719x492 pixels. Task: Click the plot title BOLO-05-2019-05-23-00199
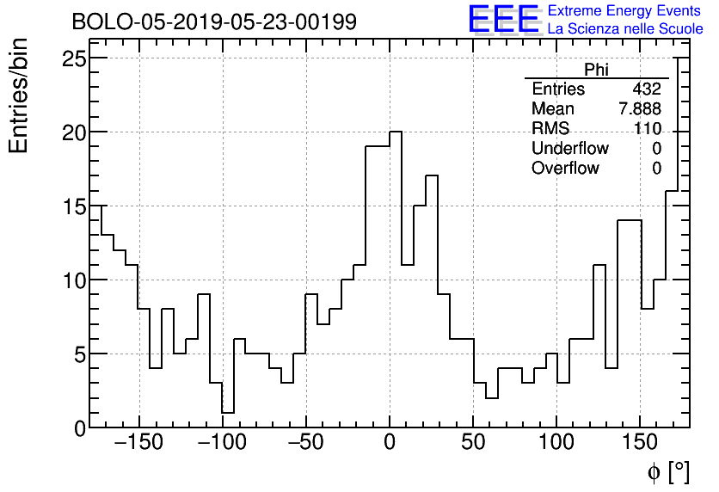tap(213, 22)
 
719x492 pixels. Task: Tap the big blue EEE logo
tap(503, 20)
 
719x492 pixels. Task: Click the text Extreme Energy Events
tap(625, 11)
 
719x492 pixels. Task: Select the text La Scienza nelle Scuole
tap(625, 29)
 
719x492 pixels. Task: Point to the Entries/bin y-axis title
tap(19, 95)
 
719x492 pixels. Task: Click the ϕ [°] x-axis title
tap(667, 471)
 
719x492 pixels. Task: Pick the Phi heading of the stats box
tap(596, 70)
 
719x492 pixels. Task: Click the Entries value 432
tap(646, 89)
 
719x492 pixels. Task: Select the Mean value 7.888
tap(640, 109)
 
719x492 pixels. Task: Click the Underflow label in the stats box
tap(569, 149)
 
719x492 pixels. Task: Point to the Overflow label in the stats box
tap(565, 169)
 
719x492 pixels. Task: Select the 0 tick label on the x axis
tap(390, 443)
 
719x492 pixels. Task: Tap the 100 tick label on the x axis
tap(556, 443)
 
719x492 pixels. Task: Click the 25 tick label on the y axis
tap(76, 58)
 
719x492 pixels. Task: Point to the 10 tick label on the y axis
tap(76, 280)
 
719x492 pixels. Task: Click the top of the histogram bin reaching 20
tap(396, 132)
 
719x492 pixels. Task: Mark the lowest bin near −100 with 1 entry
tap(228, 412)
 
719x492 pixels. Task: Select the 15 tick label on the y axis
tap(76, 206)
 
